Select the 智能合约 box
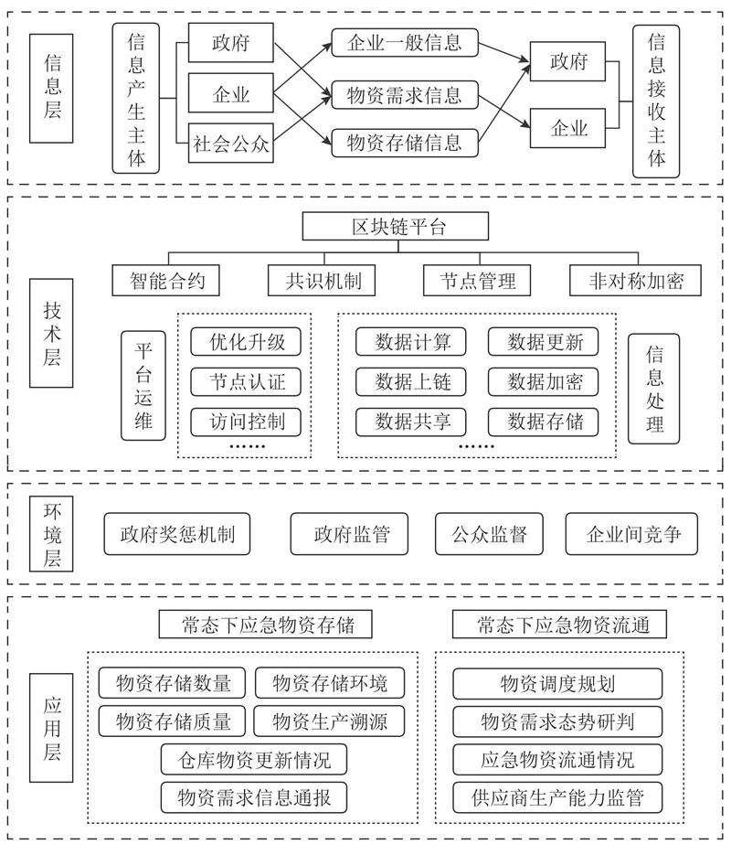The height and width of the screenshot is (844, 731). click(165, 281)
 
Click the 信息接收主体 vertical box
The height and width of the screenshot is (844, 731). click(657, 101)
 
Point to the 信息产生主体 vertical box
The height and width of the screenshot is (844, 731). click(136, 99)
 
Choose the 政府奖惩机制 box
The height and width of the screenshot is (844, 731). click(177, 534)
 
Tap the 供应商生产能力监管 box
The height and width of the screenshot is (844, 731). click(557, 797)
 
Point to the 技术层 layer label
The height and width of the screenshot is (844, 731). click(52, 336)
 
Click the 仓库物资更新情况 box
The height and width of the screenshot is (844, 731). click(255, 759)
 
